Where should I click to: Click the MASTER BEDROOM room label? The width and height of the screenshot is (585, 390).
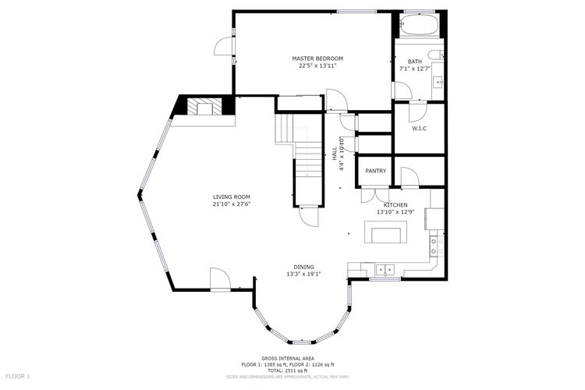point(317,58)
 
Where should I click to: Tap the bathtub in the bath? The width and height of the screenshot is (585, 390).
point(419,25)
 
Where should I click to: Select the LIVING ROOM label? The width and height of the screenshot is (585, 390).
point(232,197)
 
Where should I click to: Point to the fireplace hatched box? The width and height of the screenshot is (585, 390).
point(204,107)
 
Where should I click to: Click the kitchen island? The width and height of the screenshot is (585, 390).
point(386,232)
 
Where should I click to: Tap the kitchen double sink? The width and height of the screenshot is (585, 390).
point(385,269)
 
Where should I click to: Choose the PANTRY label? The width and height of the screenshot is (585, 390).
point(376,171)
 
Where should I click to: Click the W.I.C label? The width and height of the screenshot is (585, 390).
point(420,129)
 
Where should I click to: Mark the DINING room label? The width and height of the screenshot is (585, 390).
point(303,267)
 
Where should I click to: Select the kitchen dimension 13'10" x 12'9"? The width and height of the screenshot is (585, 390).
point(395,211)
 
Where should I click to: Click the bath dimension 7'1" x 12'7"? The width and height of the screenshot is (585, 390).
point(415,69)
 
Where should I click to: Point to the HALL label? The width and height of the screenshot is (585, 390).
point(335,154)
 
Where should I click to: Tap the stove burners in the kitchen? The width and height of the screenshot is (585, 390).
point(437,246)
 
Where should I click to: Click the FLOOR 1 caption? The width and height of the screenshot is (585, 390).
point(17,376)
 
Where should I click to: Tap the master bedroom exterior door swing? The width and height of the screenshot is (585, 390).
point(224,46)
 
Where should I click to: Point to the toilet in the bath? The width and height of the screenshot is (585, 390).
point(435,55)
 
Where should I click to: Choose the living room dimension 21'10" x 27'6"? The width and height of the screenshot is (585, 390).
point(232,204)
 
